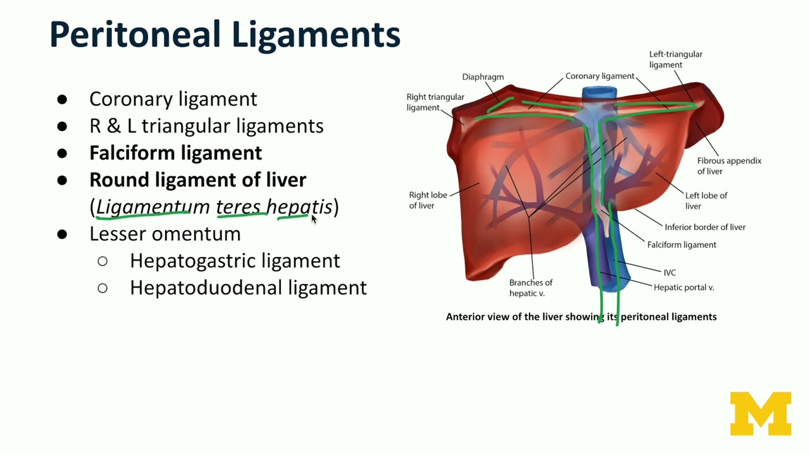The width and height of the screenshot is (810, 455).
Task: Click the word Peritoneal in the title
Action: [x=135, y=34]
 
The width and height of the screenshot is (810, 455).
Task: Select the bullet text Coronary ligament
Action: [x=173, y=99]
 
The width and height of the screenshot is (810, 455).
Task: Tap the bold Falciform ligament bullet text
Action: [x=176, y=153]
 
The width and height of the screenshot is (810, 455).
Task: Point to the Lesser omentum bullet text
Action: [x=165, y=234]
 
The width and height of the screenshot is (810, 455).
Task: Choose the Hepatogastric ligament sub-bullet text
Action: [x=235, y=261]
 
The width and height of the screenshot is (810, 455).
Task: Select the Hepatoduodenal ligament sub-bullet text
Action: [x=249, y=288]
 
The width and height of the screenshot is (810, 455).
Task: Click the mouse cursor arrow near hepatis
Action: [x=314, y=219]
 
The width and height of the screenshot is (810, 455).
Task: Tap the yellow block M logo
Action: [x=761, y=413]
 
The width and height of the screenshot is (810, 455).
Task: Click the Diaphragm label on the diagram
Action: [x=483, y=77]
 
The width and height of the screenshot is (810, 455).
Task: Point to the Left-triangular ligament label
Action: [x=675, y=59]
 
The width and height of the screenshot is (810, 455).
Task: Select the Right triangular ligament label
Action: [x=435, y=102]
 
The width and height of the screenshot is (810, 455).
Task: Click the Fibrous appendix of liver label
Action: [x=729, y=166]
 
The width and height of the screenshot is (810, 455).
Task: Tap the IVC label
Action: [x=670, y=272]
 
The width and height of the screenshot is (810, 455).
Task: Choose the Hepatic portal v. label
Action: [x=684, y=288]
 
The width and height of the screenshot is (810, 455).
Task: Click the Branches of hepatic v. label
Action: [x=531, y=288]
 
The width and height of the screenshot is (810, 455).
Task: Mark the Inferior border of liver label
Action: [x=705, y=227]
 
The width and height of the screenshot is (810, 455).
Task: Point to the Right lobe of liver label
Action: [x=428, y=200]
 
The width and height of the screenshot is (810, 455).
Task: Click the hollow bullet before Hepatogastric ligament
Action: [x=103, y=261]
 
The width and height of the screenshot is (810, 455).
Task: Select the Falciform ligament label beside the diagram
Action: [x=682, y=245]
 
